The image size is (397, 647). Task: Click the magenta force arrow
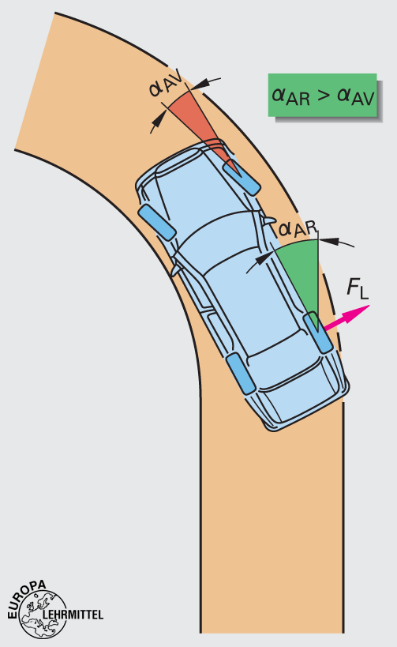346,317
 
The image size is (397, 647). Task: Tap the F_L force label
357,288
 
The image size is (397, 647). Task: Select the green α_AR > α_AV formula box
322,95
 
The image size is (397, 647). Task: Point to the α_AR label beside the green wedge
298,229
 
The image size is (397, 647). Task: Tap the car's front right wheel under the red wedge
242,177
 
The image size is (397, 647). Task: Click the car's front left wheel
157,222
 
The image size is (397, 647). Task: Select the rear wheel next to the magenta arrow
318,333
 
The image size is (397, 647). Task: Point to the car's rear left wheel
242,374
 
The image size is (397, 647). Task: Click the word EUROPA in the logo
25,598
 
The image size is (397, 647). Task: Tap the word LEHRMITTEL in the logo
73,614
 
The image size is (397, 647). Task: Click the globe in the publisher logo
43,615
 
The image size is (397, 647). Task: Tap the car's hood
185,182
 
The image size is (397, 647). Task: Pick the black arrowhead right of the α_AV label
200,84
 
